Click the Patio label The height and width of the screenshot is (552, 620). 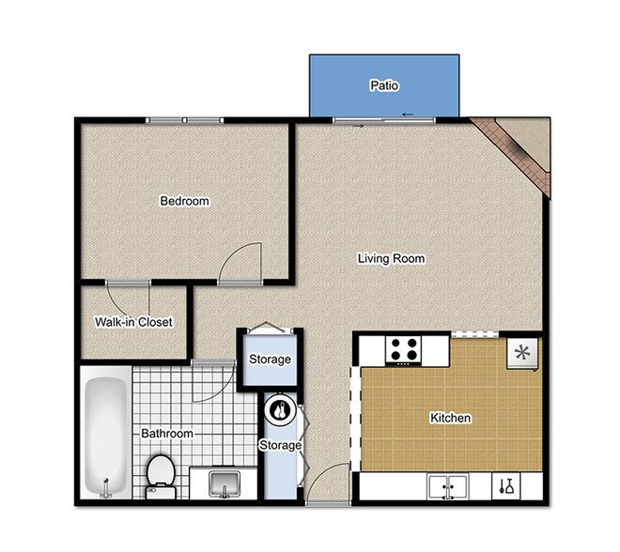[383, 86]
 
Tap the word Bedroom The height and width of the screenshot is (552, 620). [184, 201]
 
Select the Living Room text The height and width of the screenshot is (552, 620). [392, 258]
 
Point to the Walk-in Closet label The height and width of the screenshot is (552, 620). [133, 322]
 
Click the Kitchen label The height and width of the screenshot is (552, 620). [450, 418]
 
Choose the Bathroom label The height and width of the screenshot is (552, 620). [167, 434]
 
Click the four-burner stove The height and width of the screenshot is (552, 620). [405, 349]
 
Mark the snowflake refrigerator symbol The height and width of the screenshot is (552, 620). [521, 353]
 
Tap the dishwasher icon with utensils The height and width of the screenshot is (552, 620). [506, 486]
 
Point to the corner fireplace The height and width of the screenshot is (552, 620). [515, 150]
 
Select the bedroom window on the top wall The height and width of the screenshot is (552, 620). [184, 119]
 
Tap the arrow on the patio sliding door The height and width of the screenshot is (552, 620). [408, 115]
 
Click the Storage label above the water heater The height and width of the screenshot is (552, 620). [270, 360]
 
